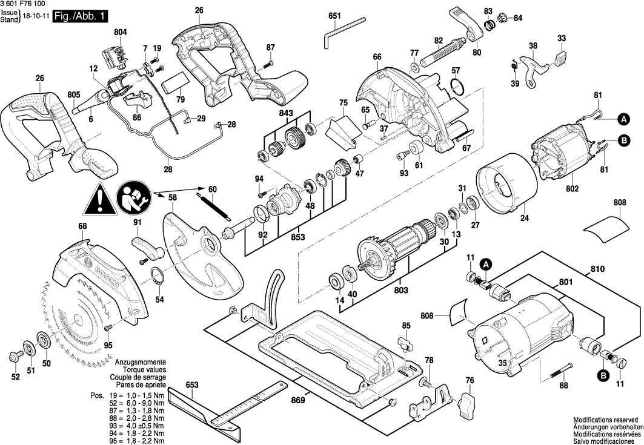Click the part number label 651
tap(335, 16)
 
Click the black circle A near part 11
tap(486, 264)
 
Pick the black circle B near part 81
tap(623, 143)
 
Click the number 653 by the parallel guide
tap(192, 385)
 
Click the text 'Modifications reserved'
tap(606, 420)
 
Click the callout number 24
tap(524, 218)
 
